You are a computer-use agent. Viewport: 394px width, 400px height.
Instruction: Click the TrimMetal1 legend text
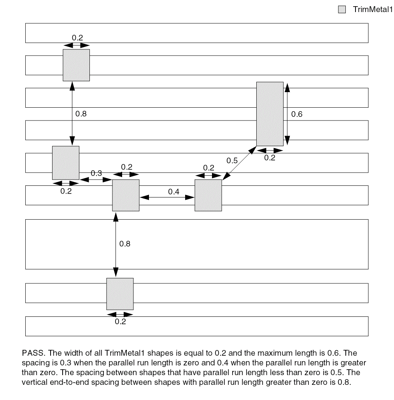click(372, 9)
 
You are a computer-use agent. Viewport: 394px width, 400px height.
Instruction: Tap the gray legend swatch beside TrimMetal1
click(342, 10)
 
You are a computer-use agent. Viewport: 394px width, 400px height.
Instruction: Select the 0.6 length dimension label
click(297, 114)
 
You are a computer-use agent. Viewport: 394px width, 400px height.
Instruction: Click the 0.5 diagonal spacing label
click(232, 161)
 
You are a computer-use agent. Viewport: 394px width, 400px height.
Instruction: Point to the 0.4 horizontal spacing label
click(174, 191)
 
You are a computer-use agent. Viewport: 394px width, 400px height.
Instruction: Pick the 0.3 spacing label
click(96, 173)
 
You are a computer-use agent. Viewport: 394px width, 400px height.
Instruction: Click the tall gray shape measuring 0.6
click(270, 114)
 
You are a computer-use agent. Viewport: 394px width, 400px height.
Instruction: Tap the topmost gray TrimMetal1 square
click(76, 65)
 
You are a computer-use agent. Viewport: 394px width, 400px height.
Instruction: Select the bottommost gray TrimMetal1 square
click(120, 293)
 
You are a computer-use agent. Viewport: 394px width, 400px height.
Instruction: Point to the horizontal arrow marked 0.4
click(167, 197)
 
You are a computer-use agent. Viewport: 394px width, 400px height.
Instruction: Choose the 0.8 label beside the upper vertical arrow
click(81, 114)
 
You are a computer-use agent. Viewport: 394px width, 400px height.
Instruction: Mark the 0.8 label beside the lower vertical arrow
click(125, 244)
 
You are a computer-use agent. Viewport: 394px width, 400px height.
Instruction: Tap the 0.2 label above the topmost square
click(77, 38)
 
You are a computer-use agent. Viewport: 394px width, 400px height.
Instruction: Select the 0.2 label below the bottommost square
click(121, 321)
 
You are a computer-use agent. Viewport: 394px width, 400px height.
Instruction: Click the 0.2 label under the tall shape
click(270, 157)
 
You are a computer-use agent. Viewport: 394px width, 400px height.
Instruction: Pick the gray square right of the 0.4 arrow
click(208, 195)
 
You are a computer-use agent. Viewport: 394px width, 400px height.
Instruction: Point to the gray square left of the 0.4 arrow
click(126, 195)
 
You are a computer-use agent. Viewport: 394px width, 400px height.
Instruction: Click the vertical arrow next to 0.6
click(287, 114)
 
